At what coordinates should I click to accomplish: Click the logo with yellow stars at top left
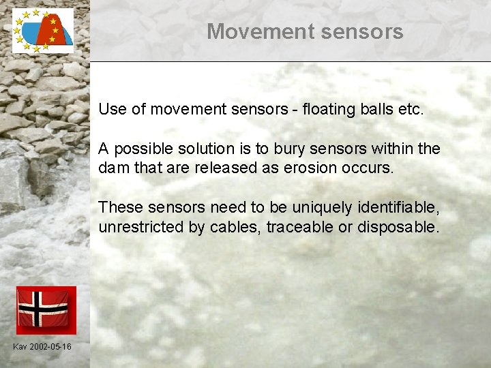(x=43, y=31)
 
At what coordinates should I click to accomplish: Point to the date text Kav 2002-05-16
(x=42, y=347)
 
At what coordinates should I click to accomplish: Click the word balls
(x=378, y=109)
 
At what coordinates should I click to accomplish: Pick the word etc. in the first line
(x=412, y=109)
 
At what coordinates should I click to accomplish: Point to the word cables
(x=237, y=227)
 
